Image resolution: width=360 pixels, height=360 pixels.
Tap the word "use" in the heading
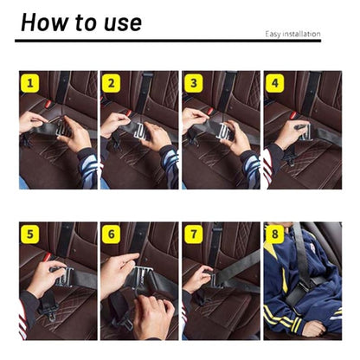(119, 22)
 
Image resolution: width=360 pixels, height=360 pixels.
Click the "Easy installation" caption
(292, 35)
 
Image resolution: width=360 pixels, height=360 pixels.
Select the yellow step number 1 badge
(31, 84)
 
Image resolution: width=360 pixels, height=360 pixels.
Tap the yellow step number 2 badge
(112, 84)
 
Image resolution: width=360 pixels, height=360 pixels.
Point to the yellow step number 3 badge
(193, 84)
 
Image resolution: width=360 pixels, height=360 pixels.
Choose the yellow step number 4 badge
(275, 84)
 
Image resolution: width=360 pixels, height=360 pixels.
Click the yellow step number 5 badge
(31, 235)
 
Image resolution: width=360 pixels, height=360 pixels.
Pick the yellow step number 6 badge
(112, 235)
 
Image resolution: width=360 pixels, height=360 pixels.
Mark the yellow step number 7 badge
(193, 235)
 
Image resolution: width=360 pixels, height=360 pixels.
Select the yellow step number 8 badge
(275, 235)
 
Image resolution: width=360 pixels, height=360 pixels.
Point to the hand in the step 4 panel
(289, 134)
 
